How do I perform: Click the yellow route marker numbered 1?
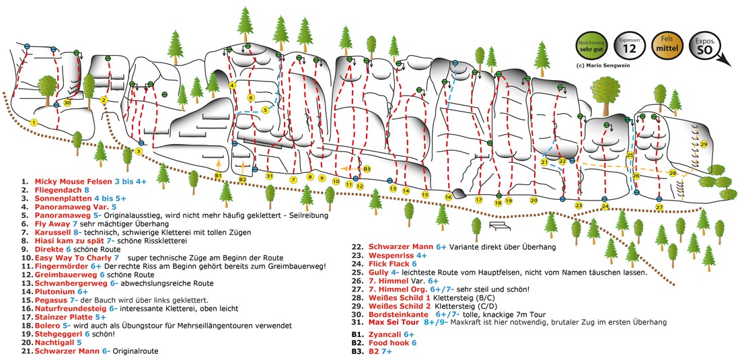pyautogui.click(x=33, y=122)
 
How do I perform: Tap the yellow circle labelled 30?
pyautogui.click(x=67, y=102)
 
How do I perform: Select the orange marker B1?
pyautogui.click(x=218, y=176)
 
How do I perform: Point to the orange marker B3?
pyautogui.click(x=367, y=169)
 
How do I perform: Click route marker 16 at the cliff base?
pyautogui.click(x=448, y=196)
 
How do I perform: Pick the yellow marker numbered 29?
pyautogui.click(x=704, y=144)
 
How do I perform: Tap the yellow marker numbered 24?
pyautogui.click(x=605, y=207)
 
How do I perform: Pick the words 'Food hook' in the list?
pyautogui.click(x=390, y=343)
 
